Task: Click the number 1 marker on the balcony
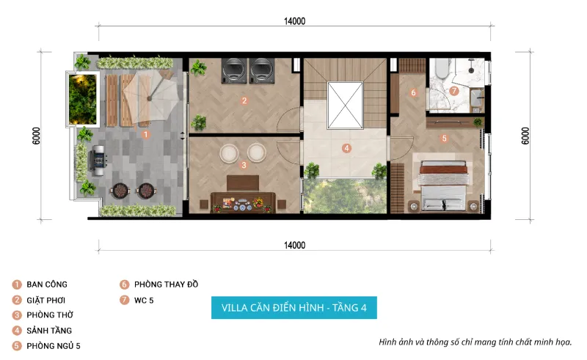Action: click(x=146, y=134)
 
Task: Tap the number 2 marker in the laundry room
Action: click(x=244, y=100)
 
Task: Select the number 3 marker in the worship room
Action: click(x=244, y=165)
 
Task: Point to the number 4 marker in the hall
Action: click(x=346, y=148)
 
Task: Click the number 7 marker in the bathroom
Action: click(x=453, y=91)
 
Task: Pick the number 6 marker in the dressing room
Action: click(x=413, y=92)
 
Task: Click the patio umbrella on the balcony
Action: click(x=150, y=98)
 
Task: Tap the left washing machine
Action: click(x=234, y=70)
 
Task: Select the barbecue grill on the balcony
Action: click(x=98, y=158)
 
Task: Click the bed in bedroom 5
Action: click(x=443, y=185)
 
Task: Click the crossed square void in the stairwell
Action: click(x=345, y=105)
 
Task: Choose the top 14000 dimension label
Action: click(x=295, y=21)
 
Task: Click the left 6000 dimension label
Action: click(x=36, y=136)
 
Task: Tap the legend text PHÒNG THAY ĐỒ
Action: click(x=167, y=284)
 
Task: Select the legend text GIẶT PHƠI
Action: click(x=46, y=300)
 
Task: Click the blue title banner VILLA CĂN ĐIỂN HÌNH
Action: click(x=294, y=308)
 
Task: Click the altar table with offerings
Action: click(x=243, y=202)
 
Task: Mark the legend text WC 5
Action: click(x=144, y=300)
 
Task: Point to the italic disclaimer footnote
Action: click(x=475, y=342)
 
